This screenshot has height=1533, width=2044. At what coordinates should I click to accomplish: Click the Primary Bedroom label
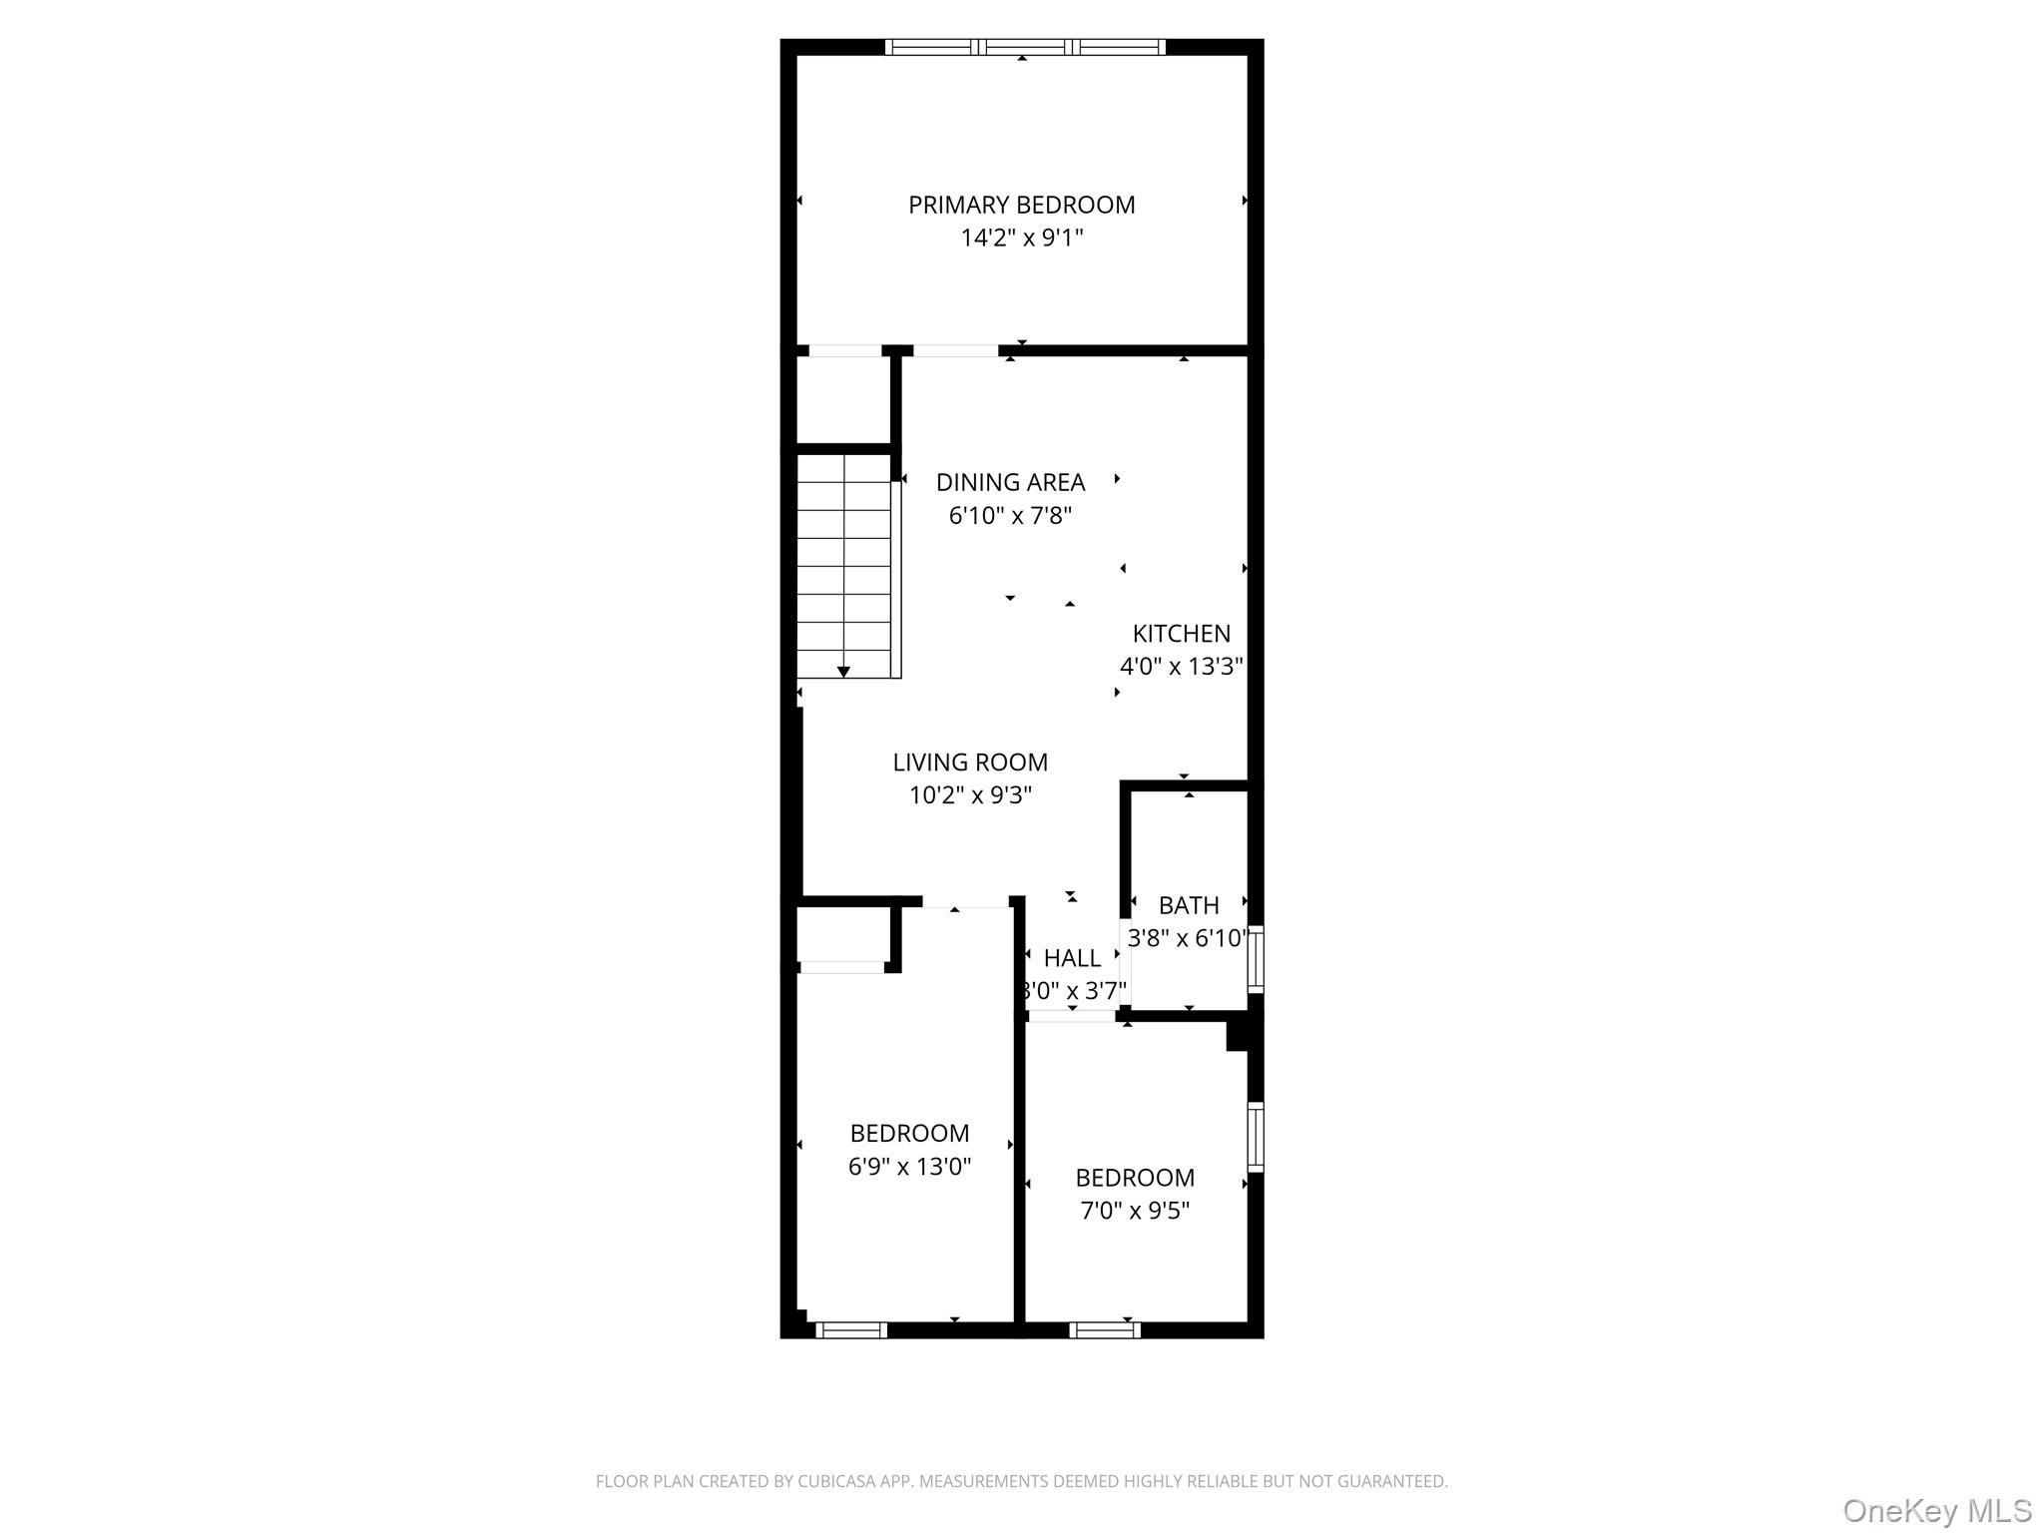point(1021,205)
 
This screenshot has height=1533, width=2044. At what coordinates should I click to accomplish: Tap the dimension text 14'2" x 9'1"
point(1021,238)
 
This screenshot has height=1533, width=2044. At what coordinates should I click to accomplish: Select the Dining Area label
point(1010,483)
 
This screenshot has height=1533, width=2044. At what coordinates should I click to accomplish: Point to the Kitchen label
point(1181,634)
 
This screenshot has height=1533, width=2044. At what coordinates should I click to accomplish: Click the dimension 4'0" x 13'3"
point(1181,667)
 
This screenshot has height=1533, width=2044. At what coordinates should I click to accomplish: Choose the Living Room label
point(970,763)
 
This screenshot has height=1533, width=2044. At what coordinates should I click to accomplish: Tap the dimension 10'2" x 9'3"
point(970,795)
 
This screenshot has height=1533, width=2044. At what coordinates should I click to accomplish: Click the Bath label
point(1189,905)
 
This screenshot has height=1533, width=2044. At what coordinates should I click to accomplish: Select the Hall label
point(1072,958)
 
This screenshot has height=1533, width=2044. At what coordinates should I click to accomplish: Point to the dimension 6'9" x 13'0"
point(909,1167)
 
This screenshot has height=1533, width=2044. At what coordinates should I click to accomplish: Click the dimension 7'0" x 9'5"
point(1135,1211)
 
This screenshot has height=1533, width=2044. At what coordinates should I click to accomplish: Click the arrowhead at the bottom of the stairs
point(843,672)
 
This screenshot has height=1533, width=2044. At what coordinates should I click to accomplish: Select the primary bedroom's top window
point(1025,47)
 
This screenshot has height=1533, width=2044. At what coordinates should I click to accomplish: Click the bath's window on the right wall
point(1257,959)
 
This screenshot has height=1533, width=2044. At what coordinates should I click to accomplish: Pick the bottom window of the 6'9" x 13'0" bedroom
point(851,1329)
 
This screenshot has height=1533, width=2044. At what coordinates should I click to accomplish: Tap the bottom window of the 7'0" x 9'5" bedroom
point(1105,1329)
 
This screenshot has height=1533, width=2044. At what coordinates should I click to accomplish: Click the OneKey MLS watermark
point(1937,1510)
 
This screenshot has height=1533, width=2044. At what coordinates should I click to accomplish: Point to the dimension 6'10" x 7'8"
point(1010,516)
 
